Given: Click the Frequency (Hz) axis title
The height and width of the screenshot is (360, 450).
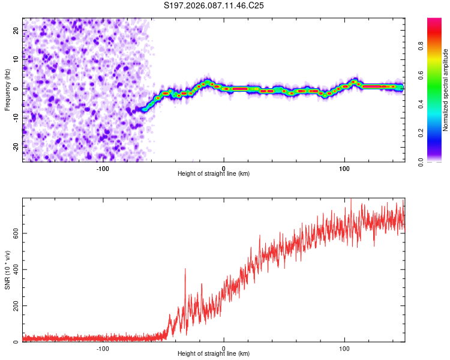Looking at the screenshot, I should (x=7, y=89).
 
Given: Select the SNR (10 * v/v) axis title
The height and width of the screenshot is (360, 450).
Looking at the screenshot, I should (x=8, y=269).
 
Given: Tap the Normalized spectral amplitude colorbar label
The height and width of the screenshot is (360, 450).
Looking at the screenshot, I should (x=445, y=90).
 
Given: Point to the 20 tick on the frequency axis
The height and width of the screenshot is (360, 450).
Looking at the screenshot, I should (x=16, y=29).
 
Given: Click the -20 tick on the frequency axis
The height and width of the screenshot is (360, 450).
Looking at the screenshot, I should (x=15, y=146).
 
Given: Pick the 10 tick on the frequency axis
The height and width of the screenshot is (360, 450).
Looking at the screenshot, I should (x=16, y=59).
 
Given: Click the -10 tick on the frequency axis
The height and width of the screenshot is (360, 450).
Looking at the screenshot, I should (x=15, y=118).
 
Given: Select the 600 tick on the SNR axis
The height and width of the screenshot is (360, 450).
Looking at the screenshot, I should (x=14, y=233).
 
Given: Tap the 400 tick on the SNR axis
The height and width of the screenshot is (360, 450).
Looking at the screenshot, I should (x=14, y=269).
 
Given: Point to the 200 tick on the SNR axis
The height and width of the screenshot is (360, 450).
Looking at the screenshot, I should (x=14, y=306).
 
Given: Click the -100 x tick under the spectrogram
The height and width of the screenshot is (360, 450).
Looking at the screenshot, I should (x=103, y=167).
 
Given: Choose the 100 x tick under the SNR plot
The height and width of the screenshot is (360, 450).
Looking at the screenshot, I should (x=344, y=348).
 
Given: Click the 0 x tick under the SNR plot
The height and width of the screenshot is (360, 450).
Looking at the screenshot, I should (x=224, y=348).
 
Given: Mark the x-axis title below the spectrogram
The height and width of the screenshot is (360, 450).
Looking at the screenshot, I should (x=214, y=174).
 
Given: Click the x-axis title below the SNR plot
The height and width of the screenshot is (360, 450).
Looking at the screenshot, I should (x=214, y=355).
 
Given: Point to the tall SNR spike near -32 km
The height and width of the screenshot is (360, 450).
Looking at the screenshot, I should (x=185, y=270).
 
